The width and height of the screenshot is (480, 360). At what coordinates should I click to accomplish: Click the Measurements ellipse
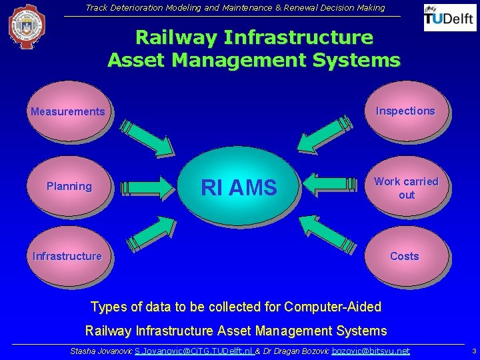pos(67,111)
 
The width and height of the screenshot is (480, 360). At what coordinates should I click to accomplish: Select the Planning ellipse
pos(69,187)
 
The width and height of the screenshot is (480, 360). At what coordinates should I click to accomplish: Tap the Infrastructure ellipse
pos(67,256)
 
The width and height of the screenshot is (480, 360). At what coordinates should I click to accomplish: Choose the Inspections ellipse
pos(405,111)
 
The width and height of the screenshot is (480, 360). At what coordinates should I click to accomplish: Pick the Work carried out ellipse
pos(406,187)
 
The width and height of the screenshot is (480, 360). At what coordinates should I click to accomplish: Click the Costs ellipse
pos(405,256)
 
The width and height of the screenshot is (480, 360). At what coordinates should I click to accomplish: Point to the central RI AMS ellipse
pos(238,188)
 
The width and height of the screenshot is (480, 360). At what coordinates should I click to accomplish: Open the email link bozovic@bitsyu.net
pos(371,351)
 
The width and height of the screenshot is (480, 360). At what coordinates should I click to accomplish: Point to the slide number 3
pos(473,351)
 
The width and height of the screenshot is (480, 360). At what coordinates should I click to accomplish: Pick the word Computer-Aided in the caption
pos(333,307)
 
